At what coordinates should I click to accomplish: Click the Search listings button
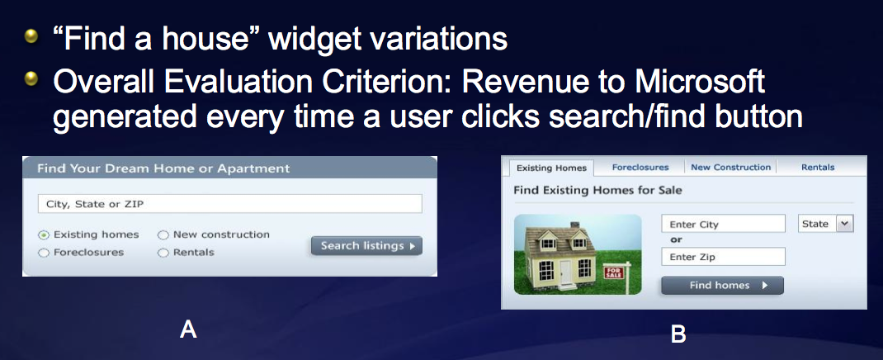pyautogui.click(x=366, y=246)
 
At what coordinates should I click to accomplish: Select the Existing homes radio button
pyautogui.click(x=44, y=235)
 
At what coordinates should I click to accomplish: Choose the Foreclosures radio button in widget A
pyautogui.click(x=44, y=253)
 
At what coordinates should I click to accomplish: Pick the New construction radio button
pyautogui.click(x=163, y=235)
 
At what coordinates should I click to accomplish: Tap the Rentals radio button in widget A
pyautogui.click(x=163, y=253)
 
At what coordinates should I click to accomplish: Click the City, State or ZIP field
pyautogui.click(x=229, y=204)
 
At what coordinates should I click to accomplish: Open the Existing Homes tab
pyautogui.click(x=551, y=168)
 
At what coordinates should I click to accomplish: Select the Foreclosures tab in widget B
pyautogui.click(x=640, y=168)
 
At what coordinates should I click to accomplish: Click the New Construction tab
pyautogui.click(x=730, y=168)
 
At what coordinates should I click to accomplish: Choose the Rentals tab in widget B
pyautogui.click(x=818, y=168)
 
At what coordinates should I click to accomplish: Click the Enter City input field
pyautogui.click(x=723, y=224)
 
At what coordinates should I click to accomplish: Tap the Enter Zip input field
pyautogui.click(x=723, y=257)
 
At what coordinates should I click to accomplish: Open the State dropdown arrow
pyautogui.click(x=843, y=224)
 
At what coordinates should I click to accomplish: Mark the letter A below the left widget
pyautogui.click(x=188, y=329)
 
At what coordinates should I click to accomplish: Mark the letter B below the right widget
pyautogui.click(x=678, y=334)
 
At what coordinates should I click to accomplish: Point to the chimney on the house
pyautogui.click(x=575, y=226)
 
